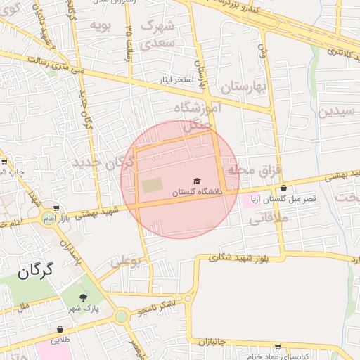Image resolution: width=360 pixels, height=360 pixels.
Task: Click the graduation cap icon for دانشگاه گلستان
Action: click(198, 181)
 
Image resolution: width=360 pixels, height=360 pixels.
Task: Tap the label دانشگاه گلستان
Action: click(198, 191)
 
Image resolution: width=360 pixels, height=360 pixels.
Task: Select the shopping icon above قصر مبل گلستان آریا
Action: click(283, 188)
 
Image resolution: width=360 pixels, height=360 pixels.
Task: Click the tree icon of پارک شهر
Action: click(86, 299)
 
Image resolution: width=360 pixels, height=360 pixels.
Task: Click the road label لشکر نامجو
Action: click(165, 304)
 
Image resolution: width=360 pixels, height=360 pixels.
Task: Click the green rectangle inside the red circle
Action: click(152, 186)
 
